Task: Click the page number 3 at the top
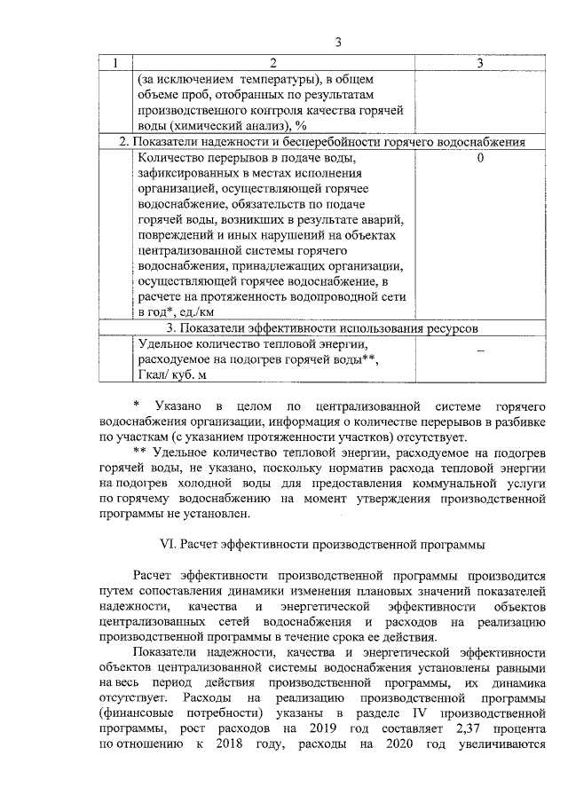coord(338,42)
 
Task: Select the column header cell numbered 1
coord(115,63)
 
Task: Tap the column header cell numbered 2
coord(272,63)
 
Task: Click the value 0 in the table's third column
coord(479,159)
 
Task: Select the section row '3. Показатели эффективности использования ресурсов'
coord(323,327)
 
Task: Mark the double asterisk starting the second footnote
coord(137,452)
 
